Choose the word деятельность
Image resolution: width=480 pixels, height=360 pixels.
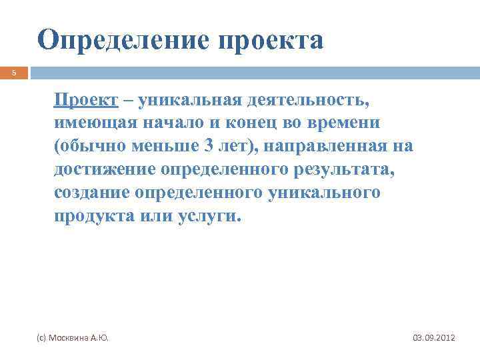307,101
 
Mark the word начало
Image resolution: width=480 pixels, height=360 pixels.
177,123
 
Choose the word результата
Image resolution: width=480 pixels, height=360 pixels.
342,169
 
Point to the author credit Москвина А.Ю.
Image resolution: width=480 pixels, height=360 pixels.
74,338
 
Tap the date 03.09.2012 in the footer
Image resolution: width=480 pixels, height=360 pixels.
434,338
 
